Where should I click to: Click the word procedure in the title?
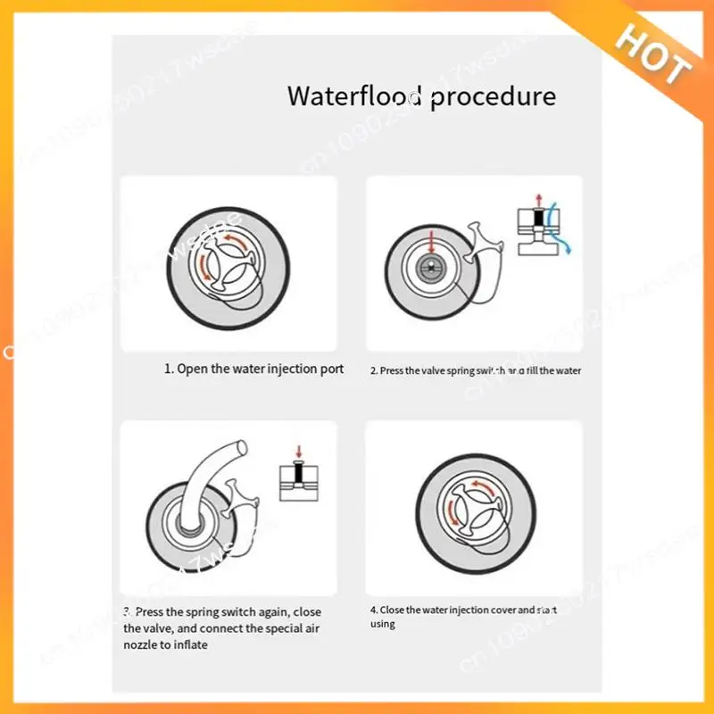(x=493, y=96)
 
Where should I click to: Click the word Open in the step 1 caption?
(x=193, y=369)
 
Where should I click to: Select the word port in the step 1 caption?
(x=331, y=369)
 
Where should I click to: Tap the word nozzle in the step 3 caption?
(x=141, y=644)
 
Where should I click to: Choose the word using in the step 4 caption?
(x=382, y=624)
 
